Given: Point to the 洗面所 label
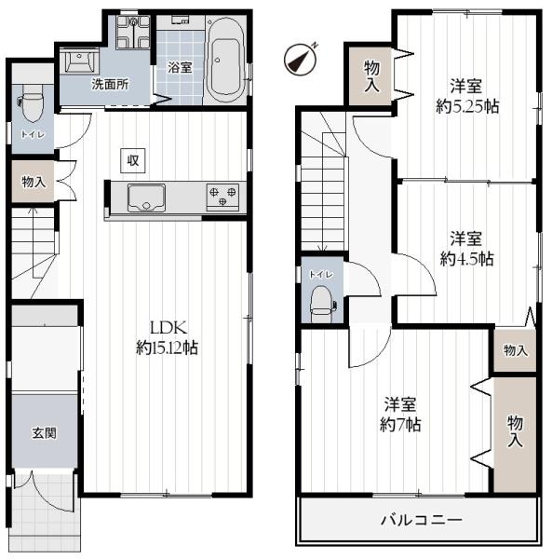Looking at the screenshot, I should coord(109,84).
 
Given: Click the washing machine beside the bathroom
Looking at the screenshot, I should coord(132,35).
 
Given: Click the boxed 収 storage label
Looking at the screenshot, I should coord(133,160).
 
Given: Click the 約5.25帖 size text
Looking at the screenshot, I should coord(466,106).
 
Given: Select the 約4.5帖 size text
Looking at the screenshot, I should coord(466,257).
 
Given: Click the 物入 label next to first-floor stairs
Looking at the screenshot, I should coord(34,183).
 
